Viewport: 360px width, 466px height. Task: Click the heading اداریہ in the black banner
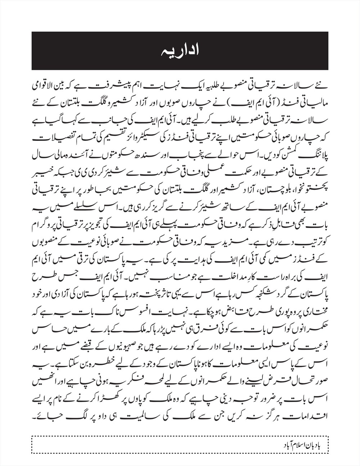point(180,51)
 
